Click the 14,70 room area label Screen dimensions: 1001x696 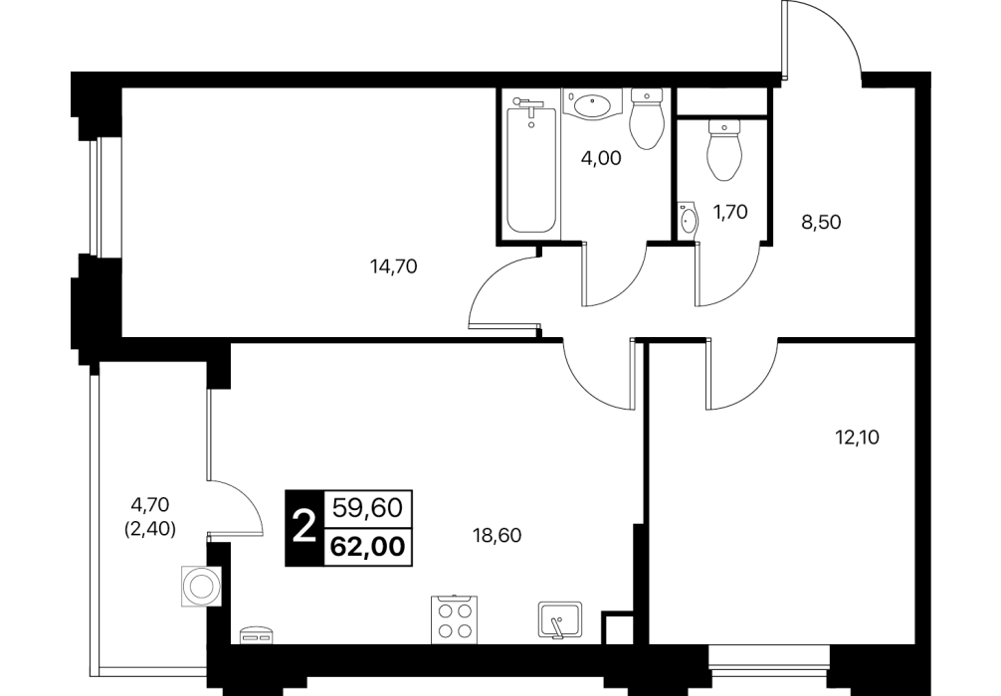click(394, 266)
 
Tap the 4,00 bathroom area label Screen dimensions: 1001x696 click(601, 158)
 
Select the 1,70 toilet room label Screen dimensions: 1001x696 click(729, 212)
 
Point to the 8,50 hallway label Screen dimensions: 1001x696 click(822, 223)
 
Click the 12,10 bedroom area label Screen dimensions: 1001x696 click(858, 437)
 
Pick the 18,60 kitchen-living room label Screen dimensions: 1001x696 click(498, 535)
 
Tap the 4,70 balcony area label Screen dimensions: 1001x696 click(150, 505)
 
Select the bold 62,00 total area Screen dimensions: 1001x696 click(368, 547)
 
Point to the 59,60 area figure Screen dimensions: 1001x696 click(368, 509)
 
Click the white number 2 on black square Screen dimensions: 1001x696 click(304, 528)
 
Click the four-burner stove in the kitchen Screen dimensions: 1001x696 click(455, 619)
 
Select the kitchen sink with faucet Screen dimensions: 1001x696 click(560, 618)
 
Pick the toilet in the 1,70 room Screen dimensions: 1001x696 click(724, 149)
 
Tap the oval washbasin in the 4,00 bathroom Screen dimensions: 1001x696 click(593, 104)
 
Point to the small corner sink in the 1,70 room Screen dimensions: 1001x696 click(689, 221)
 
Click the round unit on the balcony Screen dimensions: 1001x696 click(201, 586)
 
